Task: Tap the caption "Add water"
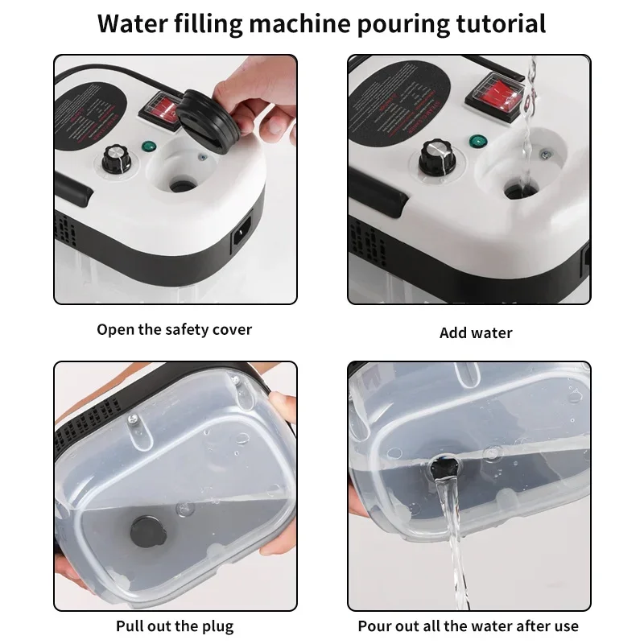click(476, 332)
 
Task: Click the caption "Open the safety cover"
click(175, 329)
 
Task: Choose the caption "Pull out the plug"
click(175, 625)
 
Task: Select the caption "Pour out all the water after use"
click(469, 625)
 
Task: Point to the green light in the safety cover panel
click(149, 147)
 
